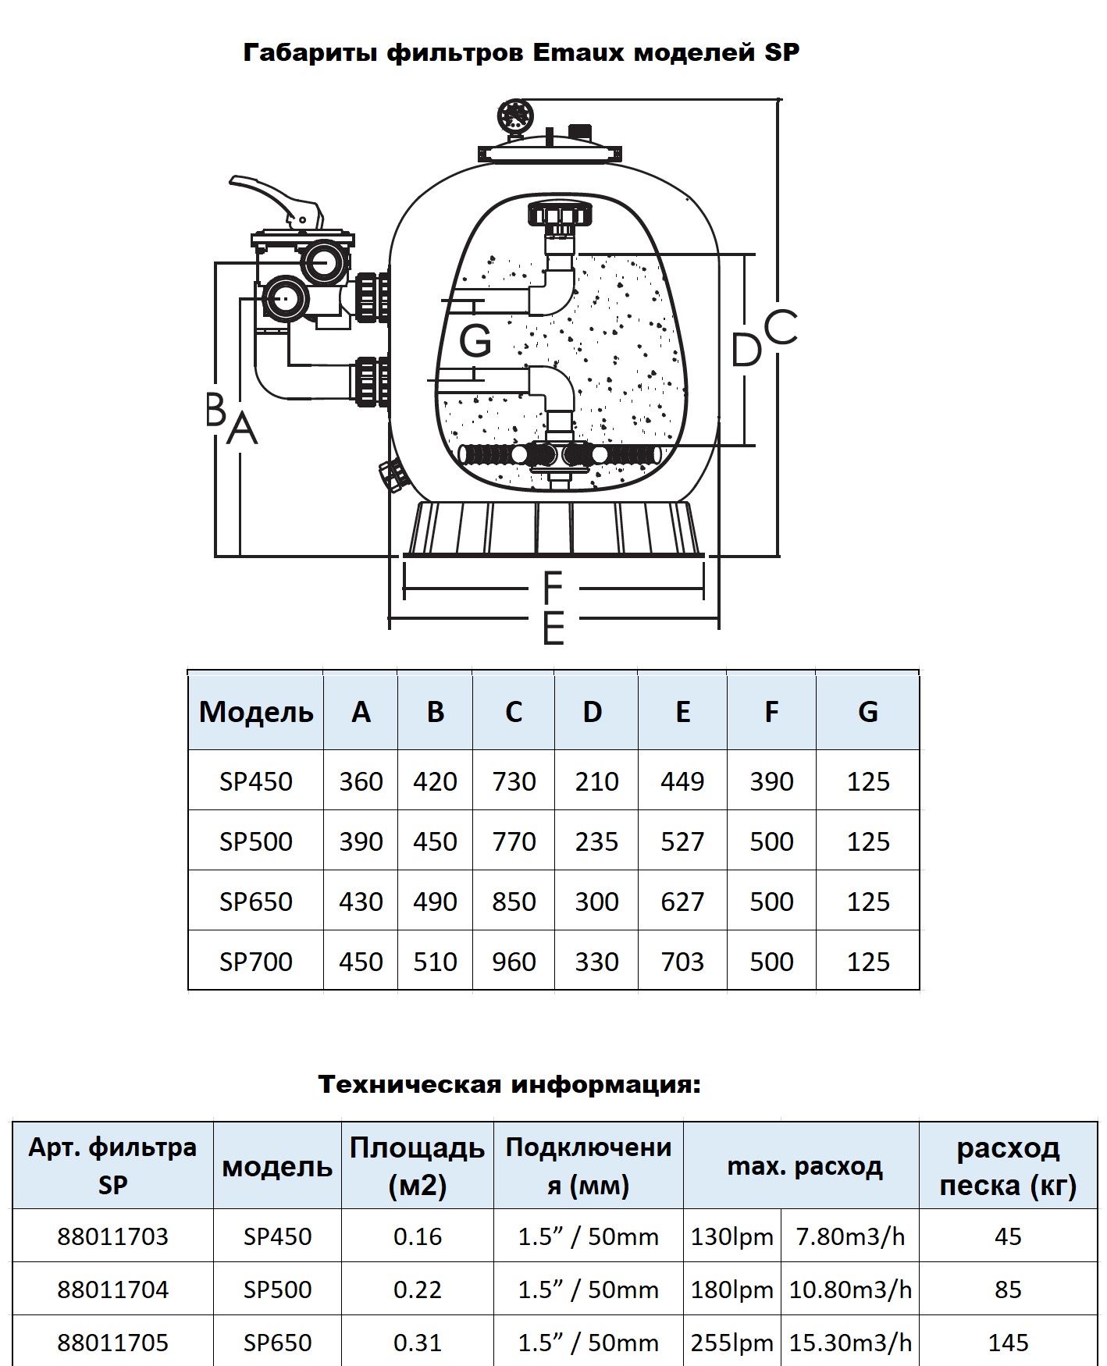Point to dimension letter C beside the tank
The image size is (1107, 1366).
click(x=780, y=327)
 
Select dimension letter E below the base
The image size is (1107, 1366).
click(x=553, y=628)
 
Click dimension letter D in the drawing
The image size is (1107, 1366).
click(x=746, y=349)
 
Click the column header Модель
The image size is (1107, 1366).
click(x=256, y=712)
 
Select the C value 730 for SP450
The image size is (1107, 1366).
click(x=514, y=781)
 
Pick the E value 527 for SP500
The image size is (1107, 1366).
click(x=682, y=841)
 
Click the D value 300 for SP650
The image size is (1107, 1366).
click(x=596, y=902)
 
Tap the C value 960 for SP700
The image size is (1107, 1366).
click(x=514, y=962)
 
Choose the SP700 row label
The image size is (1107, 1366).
click(x=256, y=962)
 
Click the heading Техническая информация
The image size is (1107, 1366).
click(x=510, y=1084)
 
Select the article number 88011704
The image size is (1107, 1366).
click(x=112, y=1290)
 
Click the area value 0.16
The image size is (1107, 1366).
click(x=418, y=1236)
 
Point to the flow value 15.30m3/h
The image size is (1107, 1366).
click(x=850, y=1343)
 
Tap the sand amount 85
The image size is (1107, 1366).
click(x=1008, y=1290)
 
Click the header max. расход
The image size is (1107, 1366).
click(x=805, y=1167)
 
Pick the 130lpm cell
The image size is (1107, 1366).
click(x=732, y=1236)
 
